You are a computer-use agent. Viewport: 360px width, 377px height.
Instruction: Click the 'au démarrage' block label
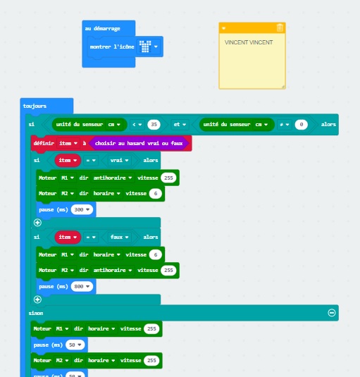102,29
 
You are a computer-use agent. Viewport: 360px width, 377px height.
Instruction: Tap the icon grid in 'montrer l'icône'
145,47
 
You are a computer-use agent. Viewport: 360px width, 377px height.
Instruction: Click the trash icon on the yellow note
280,27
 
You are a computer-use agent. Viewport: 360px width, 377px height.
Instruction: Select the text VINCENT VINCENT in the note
249,42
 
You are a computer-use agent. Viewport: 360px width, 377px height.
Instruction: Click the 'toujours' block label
35,106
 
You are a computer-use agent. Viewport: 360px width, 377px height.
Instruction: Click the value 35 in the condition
154,124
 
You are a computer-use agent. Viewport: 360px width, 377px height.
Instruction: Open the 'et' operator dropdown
180,124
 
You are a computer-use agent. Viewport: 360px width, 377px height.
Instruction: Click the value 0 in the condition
301,124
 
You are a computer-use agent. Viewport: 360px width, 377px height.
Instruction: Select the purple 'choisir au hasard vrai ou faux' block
139,143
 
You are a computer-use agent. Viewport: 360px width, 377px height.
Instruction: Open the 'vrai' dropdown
119,160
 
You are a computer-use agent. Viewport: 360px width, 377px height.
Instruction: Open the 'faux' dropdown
119,237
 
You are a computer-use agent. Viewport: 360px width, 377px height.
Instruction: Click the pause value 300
82,210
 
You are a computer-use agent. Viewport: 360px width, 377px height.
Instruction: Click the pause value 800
82,286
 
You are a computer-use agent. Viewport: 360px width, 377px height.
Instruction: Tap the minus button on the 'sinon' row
332,313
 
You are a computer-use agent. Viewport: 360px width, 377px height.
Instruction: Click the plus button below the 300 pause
37,223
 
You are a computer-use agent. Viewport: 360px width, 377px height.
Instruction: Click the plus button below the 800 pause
37,299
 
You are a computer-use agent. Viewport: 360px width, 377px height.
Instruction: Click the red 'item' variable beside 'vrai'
68,160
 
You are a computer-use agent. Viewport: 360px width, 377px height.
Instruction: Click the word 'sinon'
36,313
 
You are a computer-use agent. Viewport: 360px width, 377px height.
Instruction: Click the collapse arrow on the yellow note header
223,28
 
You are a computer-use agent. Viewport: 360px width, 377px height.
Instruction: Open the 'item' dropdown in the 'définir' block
68,143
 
